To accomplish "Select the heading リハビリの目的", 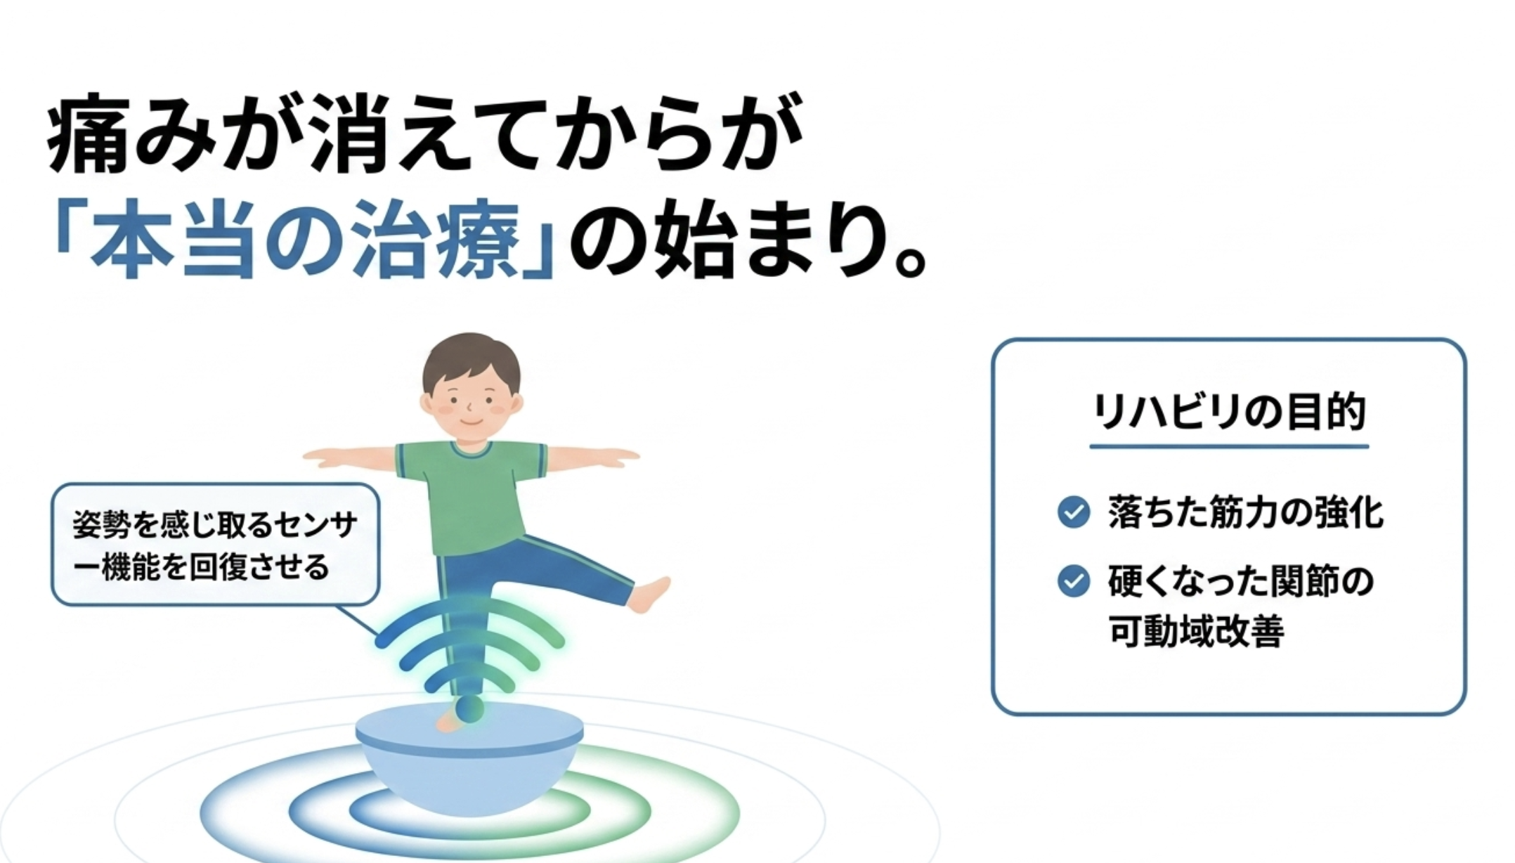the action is pyautogui.click(x=1229, y=413).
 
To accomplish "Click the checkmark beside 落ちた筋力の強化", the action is pyautogui.click(x=1074, y=512).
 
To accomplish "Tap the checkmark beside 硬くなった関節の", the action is pyautogui.click(x=1074, y=581).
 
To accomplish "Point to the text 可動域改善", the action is pyautogui.click(x=1197, y=630).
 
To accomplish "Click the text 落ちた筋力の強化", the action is pyautogui.click(x=1246, y=512).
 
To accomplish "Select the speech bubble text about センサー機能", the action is pyautogui.click(x=215, y=545).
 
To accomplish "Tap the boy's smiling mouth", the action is pyautogui.click(x=472, y=422).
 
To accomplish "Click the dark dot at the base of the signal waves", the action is pyautogui.click(x=469, y=708).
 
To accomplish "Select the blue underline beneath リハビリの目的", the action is pyautogui.click(x=1229, y=446).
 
